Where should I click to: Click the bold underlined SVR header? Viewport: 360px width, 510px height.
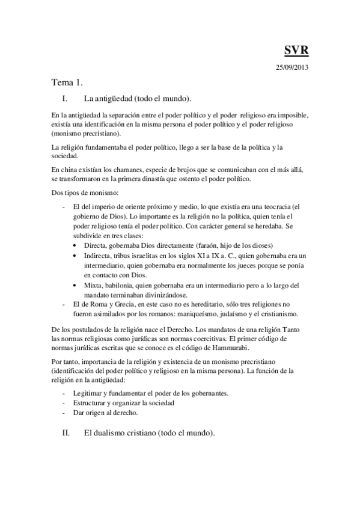(296, 50)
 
